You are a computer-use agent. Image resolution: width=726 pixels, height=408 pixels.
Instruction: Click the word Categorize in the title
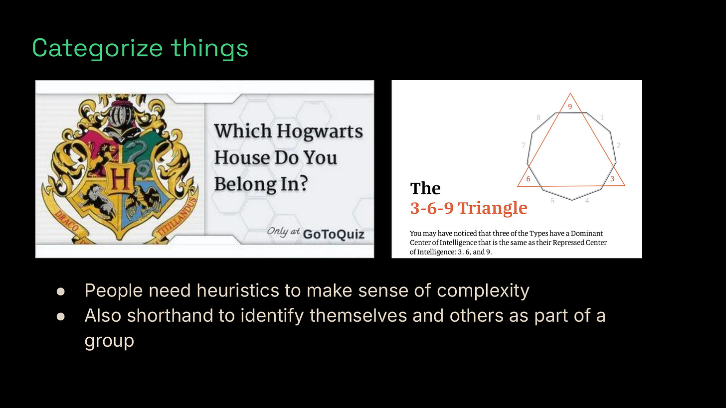tap(97, 49)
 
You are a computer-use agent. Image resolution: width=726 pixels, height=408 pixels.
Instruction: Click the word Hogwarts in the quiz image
tap(320, 132)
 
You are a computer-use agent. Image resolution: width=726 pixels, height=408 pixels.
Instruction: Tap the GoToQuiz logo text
tap(334, 234)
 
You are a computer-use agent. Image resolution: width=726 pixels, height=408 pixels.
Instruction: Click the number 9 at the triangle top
tap(570, 106)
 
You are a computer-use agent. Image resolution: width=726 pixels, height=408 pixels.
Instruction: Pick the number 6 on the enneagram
tap(528, 179)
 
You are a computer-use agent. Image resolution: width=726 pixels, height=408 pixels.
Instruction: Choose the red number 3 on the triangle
tap(612, 179)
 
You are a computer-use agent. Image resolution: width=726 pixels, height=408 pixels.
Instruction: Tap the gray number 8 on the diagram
tap(539, 118)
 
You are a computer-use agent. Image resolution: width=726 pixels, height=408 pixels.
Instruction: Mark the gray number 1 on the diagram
tap(602, 118)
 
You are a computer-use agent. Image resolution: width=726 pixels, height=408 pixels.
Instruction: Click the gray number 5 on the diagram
tap(552, 201)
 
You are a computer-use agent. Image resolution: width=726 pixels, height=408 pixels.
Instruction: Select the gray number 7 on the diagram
tap(524, 145)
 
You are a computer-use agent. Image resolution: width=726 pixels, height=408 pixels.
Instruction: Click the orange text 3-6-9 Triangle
tap(468, 208)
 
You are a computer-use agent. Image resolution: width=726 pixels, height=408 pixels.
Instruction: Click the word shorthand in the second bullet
tap(181, 315)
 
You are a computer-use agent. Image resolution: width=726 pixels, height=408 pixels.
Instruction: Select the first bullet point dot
tap(61, 291)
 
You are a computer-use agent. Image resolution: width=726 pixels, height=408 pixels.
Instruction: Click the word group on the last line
tap(109, 341)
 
